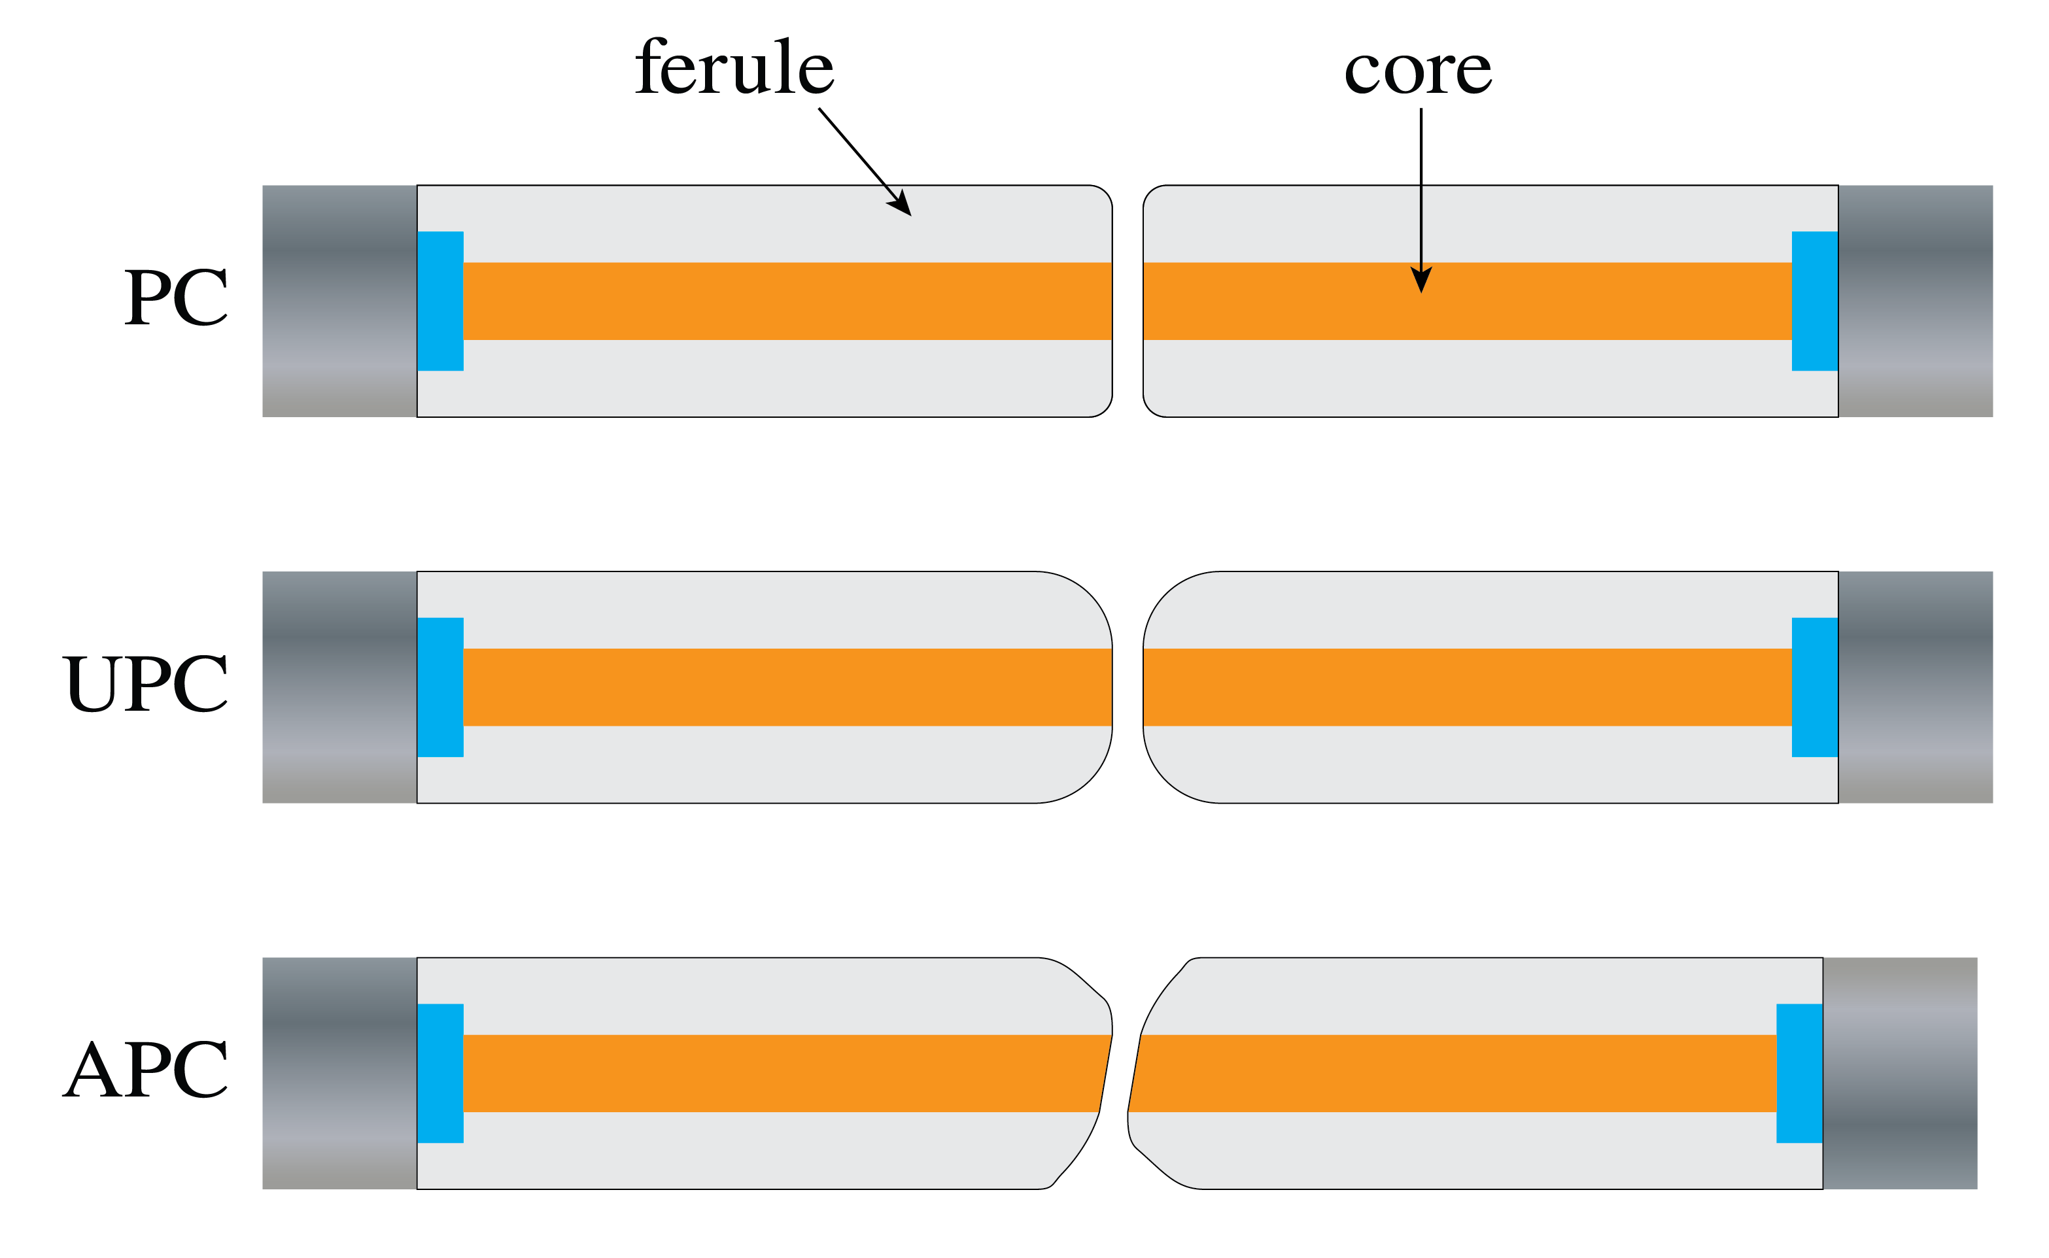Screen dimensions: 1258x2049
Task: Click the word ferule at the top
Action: click(734, 68)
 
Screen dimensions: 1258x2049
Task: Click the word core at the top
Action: click(1417, 71)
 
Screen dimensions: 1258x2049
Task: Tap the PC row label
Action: click(176, 298)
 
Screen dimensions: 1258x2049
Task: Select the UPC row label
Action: click(145, 684)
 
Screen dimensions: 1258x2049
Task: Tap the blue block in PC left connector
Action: click(440, 301)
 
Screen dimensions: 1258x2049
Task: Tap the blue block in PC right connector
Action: click(1814, 301)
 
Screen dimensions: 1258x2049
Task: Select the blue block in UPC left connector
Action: click(440, 687)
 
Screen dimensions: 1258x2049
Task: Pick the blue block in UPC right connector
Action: click(1814, 687)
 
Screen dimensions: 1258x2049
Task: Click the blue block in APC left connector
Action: click(440, 1074)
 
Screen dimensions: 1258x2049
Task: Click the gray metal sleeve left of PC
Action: click(339, 301)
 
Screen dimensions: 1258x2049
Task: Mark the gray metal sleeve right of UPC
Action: click(1915, 687)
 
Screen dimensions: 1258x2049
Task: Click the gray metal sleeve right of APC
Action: click(1900, 1074)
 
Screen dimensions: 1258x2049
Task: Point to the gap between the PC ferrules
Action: click(1128, 301)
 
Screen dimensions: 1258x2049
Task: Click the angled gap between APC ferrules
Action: click(1120, 1074)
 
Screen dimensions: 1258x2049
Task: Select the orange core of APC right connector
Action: click(1456, 1074)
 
